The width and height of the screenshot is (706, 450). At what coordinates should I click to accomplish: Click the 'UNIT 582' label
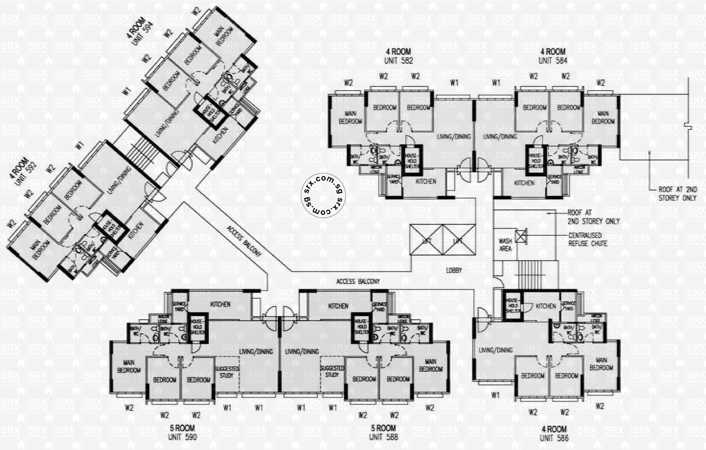(x=399, y=61)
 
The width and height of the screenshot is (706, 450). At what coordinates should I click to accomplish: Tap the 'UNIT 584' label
(x=553, y=61)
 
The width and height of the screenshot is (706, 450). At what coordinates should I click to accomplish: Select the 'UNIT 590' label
(x=182, y=437)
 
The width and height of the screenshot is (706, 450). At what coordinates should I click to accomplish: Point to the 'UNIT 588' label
(x=383, y=437)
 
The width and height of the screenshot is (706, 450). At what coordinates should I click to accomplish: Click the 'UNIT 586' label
(x=554, y=438)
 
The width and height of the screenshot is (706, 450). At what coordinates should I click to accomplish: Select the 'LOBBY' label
(x=454, y=270)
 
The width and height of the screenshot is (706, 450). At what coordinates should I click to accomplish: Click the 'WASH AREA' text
(x=505, y=245)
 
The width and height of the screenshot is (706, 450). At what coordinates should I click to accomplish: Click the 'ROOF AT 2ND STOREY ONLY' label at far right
(x=677, y=194)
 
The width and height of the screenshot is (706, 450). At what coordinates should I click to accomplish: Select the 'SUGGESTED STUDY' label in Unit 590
(x=227, y=372)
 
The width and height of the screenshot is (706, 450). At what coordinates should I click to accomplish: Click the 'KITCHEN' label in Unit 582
(x=426, y=182)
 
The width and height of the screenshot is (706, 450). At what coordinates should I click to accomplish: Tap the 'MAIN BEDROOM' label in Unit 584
(x=603, y=117)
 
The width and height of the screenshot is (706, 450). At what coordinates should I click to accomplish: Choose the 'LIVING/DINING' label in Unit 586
(x=496, y=350)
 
